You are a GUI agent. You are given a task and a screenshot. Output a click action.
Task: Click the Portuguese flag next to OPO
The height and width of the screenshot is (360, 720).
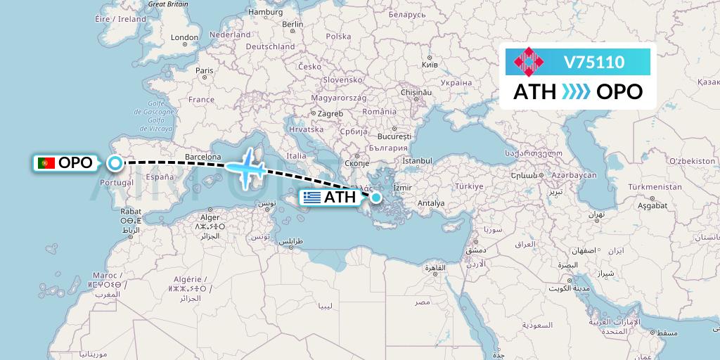coord(47,163)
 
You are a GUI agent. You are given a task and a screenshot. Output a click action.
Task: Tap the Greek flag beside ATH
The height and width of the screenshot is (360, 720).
coord(312,198)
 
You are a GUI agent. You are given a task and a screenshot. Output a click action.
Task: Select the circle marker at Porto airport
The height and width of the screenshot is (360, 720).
coord(115,164)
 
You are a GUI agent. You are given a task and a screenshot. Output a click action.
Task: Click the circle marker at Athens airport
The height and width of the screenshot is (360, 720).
coord(378,198)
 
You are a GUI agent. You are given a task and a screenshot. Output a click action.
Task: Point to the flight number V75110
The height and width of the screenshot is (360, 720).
coord(594,63)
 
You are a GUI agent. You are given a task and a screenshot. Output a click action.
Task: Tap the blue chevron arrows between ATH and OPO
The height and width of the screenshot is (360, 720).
coord(577,92)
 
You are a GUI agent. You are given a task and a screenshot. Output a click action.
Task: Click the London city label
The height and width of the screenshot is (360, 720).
coord(185,37)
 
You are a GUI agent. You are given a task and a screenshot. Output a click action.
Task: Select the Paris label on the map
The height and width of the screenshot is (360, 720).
coord(205,70)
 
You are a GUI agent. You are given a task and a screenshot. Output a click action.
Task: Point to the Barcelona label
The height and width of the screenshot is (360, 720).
coord(202,157)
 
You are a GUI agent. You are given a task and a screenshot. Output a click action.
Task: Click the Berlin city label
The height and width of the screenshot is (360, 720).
coord(292,24)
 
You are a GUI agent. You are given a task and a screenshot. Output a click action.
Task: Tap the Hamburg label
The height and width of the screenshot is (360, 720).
coord(265,12)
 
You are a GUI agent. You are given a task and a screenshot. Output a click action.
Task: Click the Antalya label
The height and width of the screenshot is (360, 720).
coord(431,204)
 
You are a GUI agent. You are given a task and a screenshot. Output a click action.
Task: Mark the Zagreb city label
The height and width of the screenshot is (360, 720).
coord(330,114)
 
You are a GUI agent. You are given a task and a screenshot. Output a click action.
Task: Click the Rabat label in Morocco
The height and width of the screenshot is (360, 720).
coord(131,210)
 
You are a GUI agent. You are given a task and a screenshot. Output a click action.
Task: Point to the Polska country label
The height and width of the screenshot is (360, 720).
coord(338,36)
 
